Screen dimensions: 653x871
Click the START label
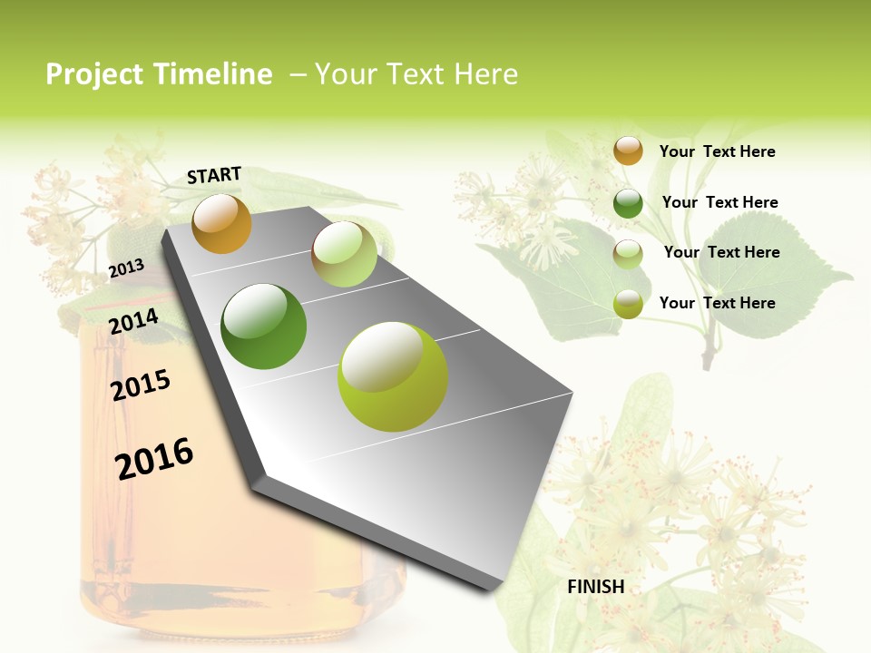(x=214, y=175)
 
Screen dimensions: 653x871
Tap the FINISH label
(x=596, y=587)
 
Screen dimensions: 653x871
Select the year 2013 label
(x=127, y=268)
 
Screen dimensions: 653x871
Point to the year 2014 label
(x=134, y=321)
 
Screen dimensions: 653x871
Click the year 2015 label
(x=141, y=385)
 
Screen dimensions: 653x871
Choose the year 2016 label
(x=154, y=458)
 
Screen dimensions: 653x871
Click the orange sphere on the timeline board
(x=221, y=223)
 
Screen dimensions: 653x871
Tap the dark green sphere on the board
(x=263, y=326)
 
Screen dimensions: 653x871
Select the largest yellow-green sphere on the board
(x=392, y=376)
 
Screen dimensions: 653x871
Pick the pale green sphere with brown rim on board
(x=344, y=254)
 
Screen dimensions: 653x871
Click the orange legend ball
(x=628, y=151)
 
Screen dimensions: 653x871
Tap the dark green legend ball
(x=628, y=203)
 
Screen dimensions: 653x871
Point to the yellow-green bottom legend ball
(x=628, y=304)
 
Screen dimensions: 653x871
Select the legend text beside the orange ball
(x=717, y=152)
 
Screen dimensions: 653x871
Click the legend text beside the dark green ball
(x=719, y=203)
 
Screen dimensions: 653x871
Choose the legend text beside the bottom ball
(x=717, y=303)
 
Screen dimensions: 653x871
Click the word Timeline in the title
(x=213, y=74)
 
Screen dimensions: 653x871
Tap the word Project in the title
(x=95, y=74)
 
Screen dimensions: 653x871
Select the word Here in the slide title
(x=485, y=74)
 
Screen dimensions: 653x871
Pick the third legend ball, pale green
(x=628, y=254)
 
